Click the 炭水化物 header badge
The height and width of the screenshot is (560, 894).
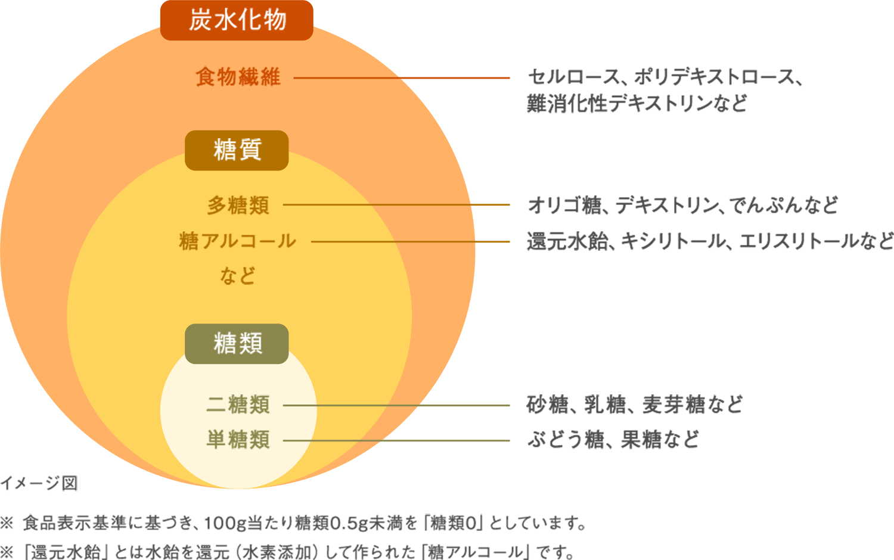pos(237,20)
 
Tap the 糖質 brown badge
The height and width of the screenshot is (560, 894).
pos(237,150)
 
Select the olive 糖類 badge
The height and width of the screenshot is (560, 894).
pos(237,344)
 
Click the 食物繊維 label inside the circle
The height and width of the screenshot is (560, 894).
pos(238,77)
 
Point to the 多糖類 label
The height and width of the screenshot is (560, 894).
pos(238,206)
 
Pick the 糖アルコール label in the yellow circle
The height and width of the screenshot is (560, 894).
pos(237,241)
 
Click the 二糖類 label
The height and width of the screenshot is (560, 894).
pos(238,405)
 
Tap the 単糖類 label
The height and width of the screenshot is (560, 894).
pos(238,440)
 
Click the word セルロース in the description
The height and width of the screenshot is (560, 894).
pos(573,77)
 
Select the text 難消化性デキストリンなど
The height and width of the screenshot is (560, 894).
pos(637,104)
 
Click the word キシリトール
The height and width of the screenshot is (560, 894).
pos(673,241)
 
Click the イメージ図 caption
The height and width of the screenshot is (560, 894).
pos(39,483)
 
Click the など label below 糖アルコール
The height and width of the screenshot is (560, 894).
pos(237,276)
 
